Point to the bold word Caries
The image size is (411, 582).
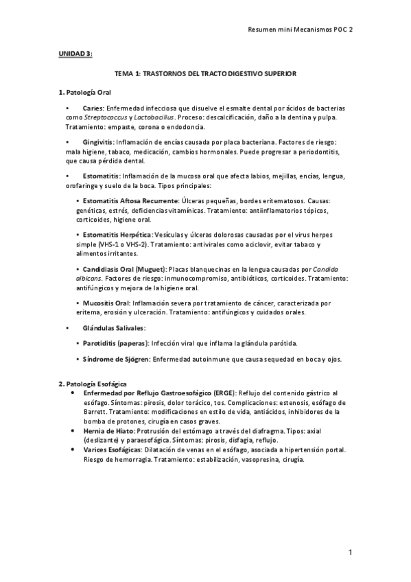(93, 108)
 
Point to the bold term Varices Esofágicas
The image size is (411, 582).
(118, 449)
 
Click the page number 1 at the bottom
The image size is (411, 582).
(350, 552)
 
